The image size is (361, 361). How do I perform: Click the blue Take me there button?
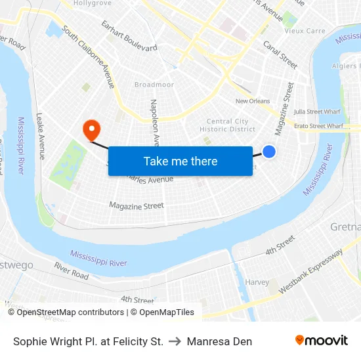(180, 161)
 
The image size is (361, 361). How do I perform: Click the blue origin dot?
(269, 152)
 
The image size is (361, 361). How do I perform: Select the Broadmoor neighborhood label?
(154, 85)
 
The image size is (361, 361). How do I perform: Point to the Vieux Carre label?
(304, 31)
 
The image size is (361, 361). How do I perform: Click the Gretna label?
(345, 227)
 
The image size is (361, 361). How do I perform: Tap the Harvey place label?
(257, 282)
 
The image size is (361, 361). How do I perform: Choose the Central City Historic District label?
(228, 125)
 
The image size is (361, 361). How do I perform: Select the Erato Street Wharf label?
(318, 125)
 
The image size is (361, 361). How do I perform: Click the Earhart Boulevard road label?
(129, 35)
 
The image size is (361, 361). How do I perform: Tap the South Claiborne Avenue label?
(89, 57)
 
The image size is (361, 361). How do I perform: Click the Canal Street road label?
(280, 54)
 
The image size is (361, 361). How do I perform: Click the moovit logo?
(321, 341)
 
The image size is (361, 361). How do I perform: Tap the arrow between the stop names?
(175, 341)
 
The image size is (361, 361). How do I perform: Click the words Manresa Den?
(219, 341)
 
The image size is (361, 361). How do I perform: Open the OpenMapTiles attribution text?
(162, 312)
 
